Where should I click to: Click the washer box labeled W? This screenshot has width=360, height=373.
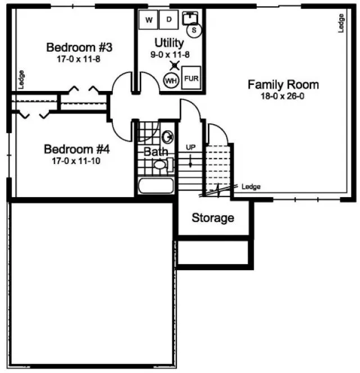149,21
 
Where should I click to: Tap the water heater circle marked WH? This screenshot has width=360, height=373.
171,80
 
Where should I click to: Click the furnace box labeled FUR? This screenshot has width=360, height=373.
191,78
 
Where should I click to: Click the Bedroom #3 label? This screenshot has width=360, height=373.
74,47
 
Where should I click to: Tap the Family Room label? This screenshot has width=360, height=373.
283,85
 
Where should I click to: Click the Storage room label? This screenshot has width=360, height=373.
213,217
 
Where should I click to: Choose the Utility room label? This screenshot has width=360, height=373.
169,43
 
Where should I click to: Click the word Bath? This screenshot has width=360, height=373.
156,152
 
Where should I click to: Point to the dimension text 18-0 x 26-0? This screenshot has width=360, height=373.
283,96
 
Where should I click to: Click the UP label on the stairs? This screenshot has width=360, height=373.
191,147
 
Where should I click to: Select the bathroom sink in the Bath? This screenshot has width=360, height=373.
167,137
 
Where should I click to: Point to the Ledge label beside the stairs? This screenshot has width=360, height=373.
251,187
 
